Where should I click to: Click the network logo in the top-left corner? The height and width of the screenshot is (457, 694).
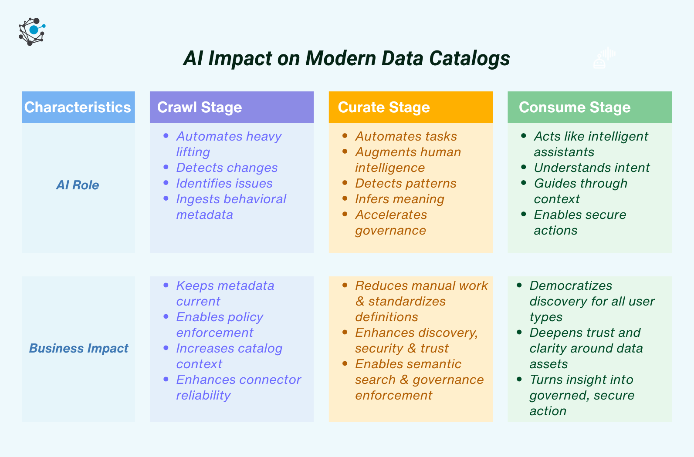(32, 31)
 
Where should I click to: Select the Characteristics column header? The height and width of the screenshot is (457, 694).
(78, 107)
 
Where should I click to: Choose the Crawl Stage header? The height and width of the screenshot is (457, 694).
(200, 107)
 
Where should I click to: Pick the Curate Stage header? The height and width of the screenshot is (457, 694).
(384, 107)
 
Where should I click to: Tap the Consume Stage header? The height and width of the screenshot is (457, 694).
(575, 107)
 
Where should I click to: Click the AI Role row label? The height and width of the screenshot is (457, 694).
(78, 185)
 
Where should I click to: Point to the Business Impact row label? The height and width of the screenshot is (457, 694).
(78, 348)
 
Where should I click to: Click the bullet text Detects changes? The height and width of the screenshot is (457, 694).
(227, 168)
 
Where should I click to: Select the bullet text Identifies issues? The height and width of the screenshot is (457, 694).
(224, 183)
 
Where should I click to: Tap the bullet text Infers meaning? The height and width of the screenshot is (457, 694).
(399, 199)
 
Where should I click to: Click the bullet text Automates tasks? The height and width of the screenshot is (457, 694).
(406, 136)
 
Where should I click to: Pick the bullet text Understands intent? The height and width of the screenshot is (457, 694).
(592, 168)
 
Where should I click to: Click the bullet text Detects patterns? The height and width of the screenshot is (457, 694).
(406, 183)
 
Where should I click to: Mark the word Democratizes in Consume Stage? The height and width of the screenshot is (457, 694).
(571, 286)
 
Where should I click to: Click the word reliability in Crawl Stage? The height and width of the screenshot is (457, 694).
(203, 395)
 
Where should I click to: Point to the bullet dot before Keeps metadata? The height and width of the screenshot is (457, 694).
(166, 285)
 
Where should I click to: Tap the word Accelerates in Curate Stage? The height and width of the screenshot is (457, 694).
(391, 215)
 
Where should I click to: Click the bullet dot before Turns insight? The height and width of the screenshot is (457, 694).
(519, 379)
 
